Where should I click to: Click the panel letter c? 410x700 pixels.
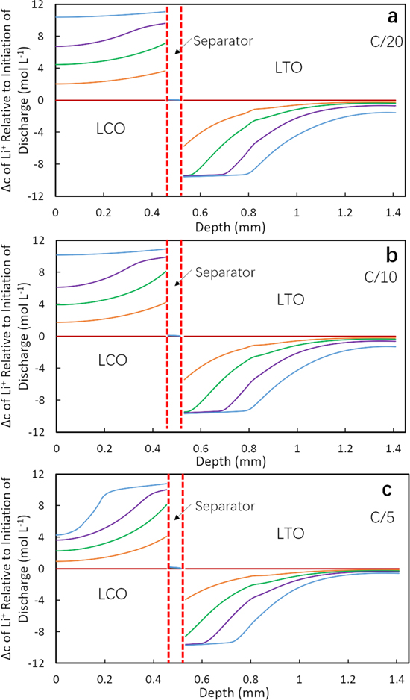(388, 490)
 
